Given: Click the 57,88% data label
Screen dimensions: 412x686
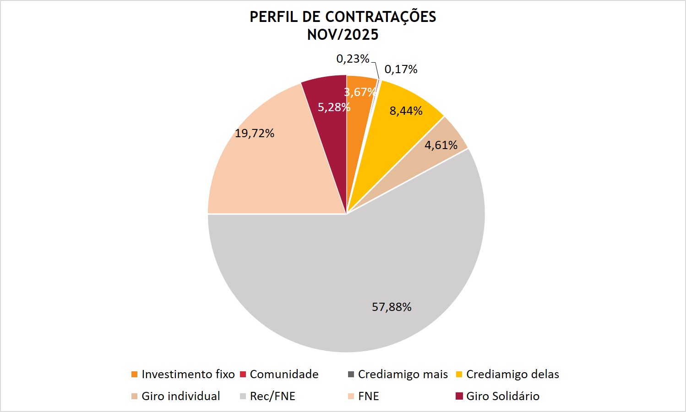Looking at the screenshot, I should coord(392,307).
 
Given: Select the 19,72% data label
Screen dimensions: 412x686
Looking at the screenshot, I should coord(255,133).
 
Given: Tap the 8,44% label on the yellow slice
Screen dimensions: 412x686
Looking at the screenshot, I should coord(406,111).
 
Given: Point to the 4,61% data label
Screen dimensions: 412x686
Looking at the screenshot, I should coord(441,145).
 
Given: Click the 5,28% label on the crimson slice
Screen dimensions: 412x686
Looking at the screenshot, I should coord(333,107).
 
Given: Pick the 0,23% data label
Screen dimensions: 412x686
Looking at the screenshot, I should coord(353,59).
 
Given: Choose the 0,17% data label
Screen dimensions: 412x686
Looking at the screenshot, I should coord(401,69).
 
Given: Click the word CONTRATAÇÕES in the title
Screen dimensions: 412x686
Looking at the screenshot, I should coord(380,17).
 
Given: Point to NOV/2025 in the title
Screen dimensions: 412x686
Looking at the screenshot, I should coord(343,35).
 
